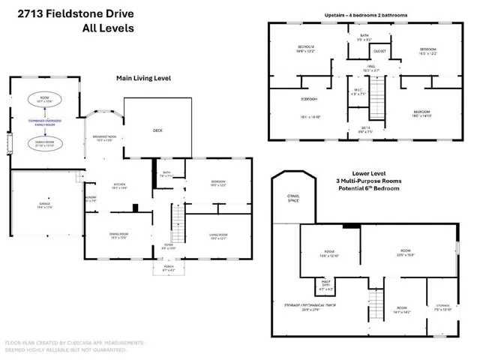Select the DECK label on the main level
pyautogui.click(x=157, y=130)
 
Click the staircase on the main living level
pyautogui.click(x=177, y=222)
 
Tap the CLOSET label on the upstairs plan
pyautogui.click(x=379, y=52)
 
